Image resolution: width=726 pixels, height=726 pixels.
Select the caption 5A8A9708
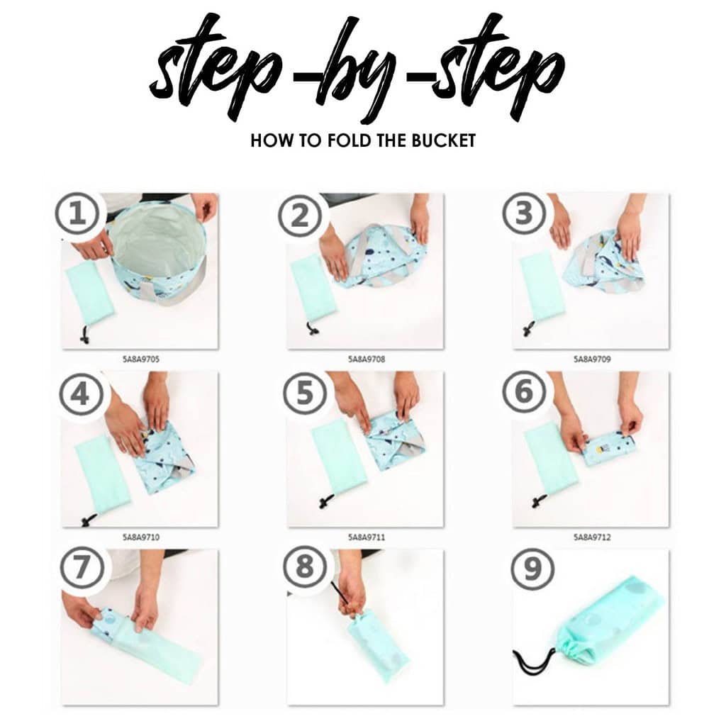(367, 359)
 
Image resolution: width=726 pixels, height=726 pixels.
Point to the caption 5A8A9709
(593, 359)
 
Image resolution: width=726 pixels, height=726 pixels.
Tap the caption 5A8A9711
(367, 537)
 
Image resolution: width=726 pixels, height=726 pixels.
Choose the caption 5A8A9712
(593, 537)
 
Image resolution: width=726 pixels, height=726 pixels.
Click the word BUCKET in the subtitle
(444, 140)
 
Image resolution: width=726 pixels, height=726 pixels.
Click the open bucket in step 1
(160, 248)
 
